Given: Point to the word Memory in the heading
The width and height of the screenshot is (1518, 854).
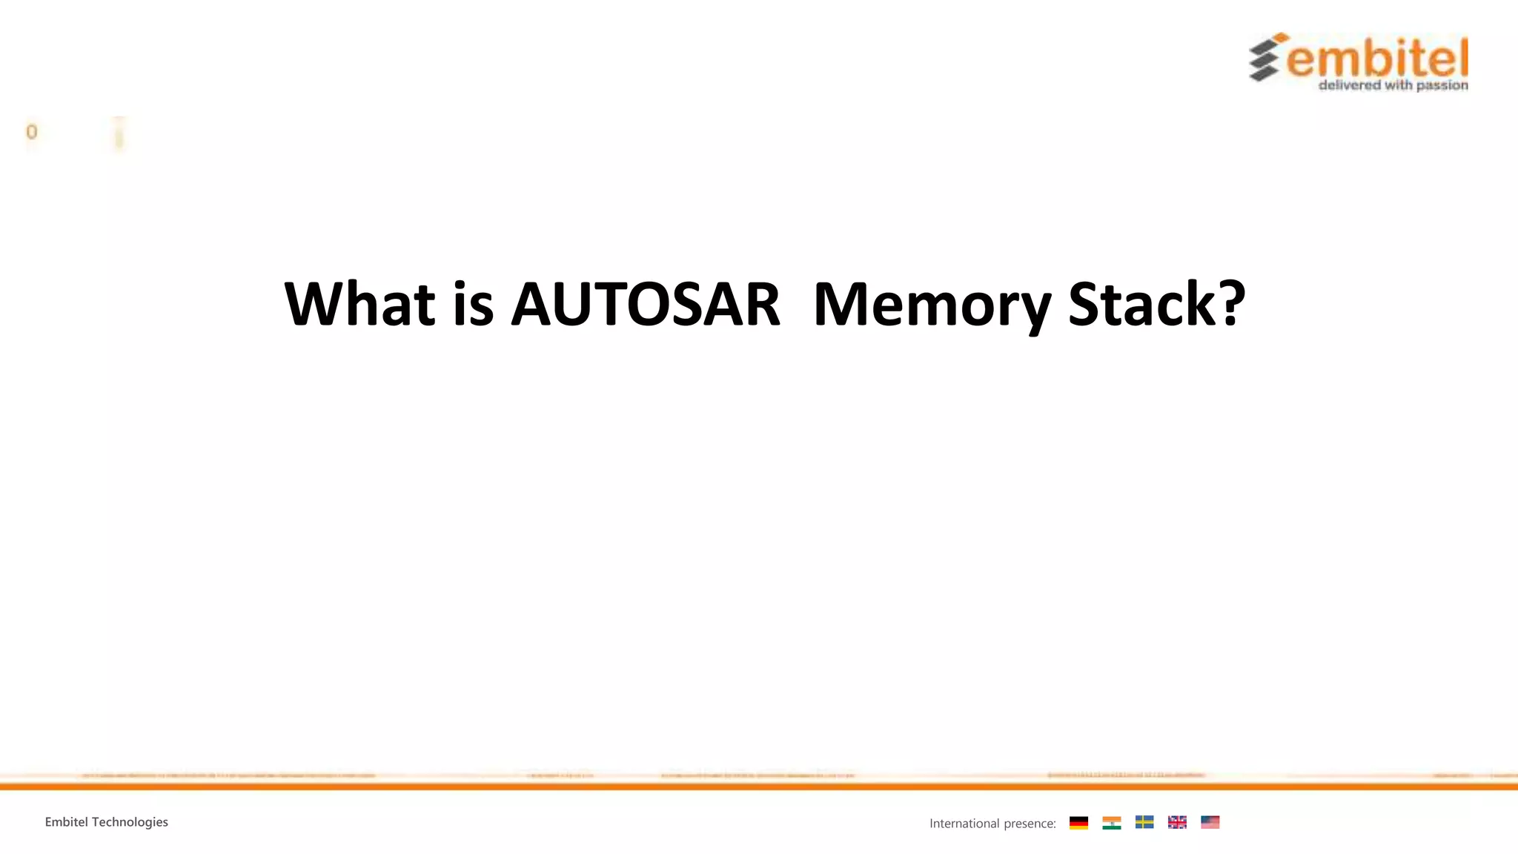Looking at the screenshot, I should pyautogui.click(x=932, y=305).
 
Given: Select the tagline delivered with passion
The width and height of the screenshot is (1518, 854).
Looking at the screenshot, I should pyautogui.click(x=1393, y=85).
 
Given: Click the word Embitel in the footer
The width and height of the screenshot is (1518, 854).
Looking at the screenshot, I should pyautogui.click(x=66, y=822).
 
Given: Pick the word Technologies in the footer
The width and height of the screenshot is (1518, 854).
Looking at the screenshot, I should pyautogui.click(x=130, y=822).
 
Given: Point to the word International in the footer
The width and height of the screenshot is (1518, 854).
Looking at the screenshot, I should pyautogui.click(x=964, y=824).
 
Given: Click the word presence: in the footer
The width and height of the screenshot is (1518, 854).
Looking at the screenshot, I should pyautogui.click(x=1030, y=824).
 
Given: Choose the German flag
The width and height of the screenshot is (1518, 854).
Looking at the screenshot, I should pyautogui.click(x=1078, y=822).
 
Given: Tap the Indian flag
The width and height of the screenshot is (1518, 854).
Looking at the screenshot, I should pyautogui.click(x=1111, y=822).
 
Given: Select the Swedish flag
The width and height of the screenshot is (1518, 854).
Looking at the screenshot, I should pyautogui.click(x=1144, y=822).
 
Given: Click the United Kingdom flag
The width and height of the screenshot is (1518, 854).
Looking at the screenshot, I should pyautogui.click(x=1177, y=822).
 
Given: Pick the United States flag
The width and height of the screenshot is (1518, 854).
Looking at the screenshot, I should pyautogui.click(x=1210, y=822).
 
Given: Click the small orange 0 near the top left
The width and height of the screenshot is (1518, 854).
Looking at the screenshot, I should pyautogui.click(x=31, y=132).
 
